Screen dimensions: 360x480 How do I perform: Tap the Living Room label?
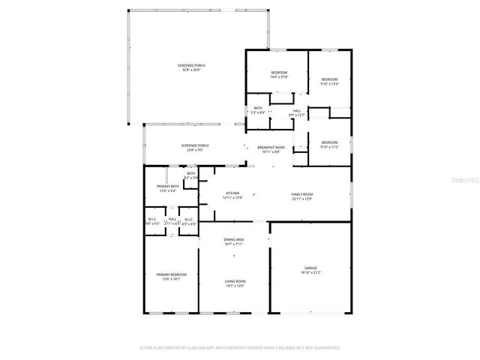tap(235, 283)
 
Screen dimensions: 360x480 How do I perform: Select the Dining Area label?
tap(234, 241)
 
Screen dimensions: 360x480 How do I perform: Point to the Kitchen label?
tap(232, 195)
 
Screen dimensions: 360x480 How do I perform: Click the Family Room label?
tap(301, 195)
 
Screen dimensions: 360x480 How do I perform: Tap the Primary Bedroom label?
tap(171, 276)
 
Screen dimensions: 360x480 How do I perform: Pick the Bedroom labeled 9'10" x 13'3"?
tap(330, 81)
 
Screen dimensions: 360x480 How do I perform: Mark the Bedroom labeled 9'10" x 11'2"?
tap(330, 144)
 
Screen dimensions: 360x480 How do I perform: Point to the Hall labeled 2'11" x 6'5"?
tap(172, 221)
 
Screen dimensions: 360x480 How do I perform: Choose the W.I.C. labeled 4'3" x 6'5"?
tap(189, 221)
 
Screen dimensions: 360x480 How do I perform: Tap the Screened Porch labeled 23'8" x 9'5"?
tap(194, 147)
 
